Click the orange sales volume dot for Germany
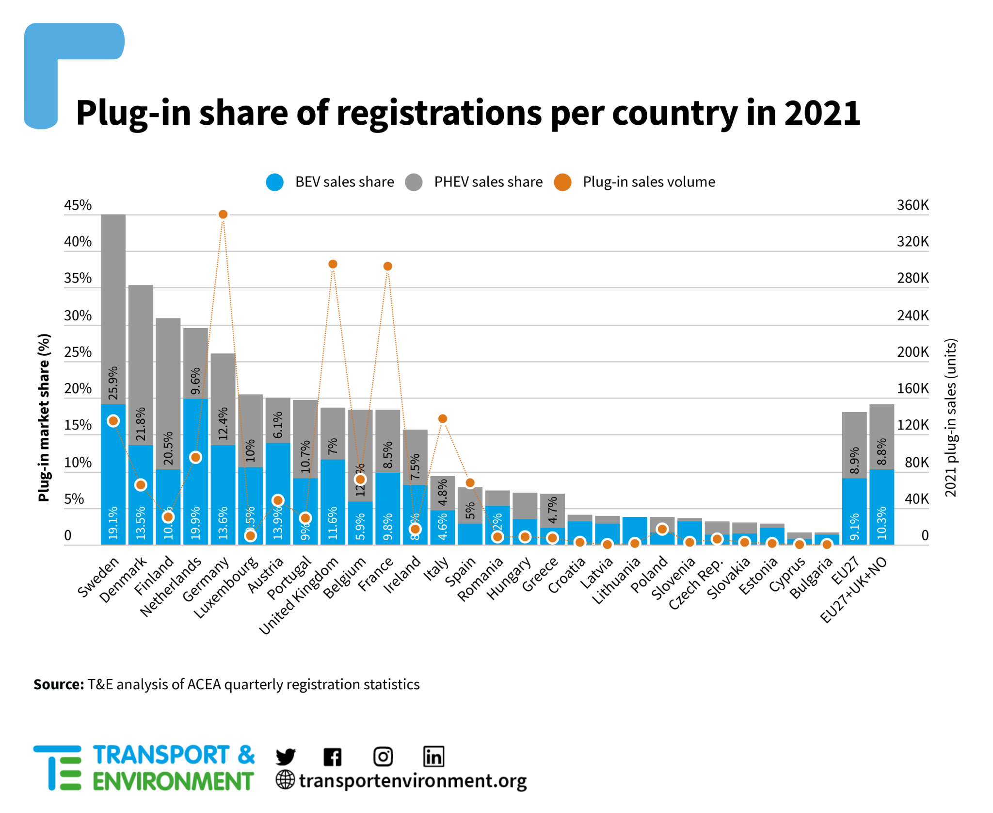pyautogui.click(x=223, y=214)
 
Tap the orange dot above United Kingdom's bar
pyautogui.click(x=333, y=264)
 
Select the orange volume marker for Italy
pyautogui.click(x=442, y=418)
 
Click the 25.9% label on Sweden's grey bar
pyautogui.click(x=113, y=383)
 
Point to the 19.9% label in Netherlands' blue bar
pyautogui.click(x=195, y=523)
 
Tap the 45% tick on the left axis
pyautogui.click(x=78, y=205)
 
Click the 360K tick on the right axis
pyautogui.click(x=912, y=205)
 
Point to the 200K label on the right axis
pyautogui.click(x=912, y=352)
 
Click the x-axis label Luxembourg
pyautogui.click(x=226, y=587)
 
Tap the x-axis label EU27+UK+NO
pyautogui.click(x=853, y=589)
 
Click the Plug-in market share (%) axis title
pyautogui.click(x=44, y=417)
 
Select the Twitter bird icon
pyautogui.click(x=285, y=756)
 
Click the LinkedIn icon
pyautogui.click(x=433, y=756)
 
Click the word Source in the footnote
pyautogui.click(x=59, y=684)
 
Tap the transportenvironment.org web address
pyautogui.click(x=412, y=780)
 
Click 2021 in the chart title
pyautogui.click(x=821, y=113)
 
